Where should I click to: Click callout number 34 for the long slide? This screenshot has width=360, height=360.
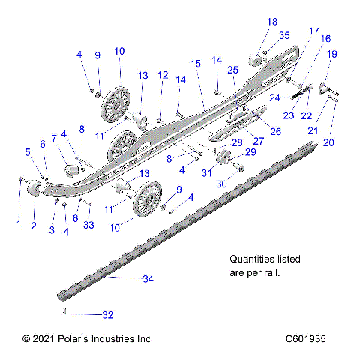(x=148, y=278)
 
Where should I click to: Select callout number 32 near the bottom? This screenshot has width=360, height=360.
(x=107, y=314)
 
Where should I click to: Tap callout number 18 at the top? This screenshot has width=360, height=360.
(x=272, y=21)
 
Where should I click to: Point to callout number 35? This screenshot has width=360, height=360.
(x=284, y=35)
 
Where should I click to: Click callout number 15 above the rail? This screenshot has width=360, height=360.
(x=196, y=64)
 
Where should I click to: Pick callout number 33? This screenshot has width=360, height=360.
(x=89, y=225)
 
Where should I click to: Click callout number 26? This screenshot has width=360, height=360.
(x=276, y=131)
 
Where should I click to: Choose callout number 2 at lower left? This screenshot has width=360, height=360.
(x=33, y=225)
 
